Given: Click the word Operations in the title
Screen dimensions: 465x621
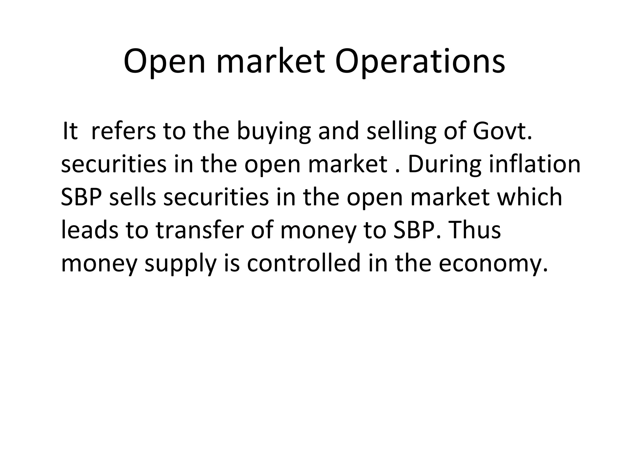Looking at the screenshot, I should pyautogui.click(x=420, y=62).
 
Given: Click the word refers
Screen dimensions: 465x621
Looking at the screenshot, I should pyautogui.click(x=123, y=131).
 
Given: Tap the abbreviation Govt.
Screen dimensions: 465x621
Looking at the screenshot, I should pyautogui.click(x=502, y=131).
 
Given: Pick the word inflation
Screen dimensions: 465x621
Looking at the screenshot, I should pyautogui.click(x=535, y=164).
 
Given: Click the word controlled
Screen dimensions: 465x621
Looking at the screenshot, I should pyautogui.click(x=304, y=263).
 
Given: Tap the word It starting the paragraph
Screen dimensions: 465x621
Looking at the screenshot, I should pyautogui.click(x=70, y=131).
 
